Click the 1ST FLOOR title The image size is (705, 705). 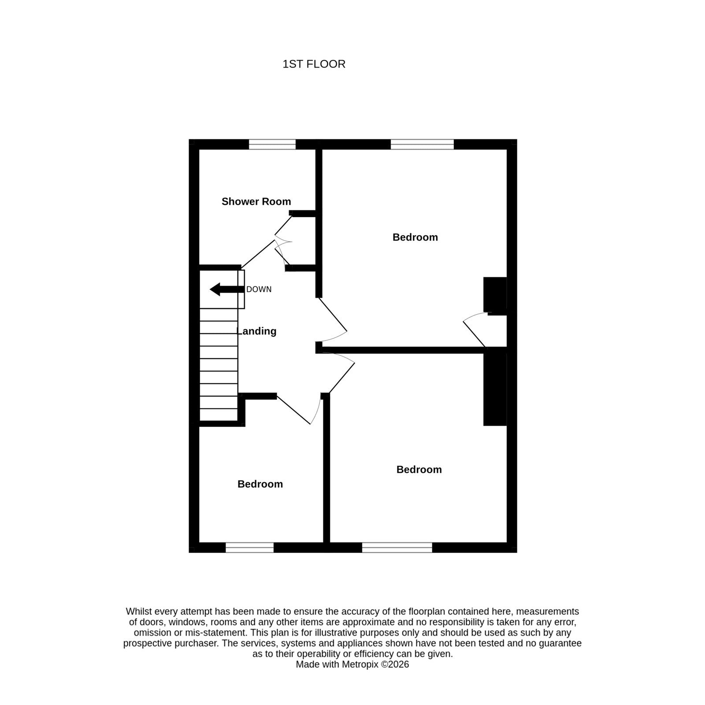pos(314,64)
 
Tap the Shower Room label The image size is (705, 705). pos(256,201)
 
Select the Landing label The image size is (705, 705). pos(257,331)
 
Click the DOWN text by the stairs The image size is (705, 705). pos(259,289)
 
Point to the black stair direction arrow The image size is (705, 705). pos(227,289)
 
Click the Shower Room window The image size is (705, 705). pos(272,144)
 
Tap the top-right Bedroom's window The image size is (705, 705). pos(422,144)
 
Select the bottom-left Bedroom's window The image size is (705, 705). pos(249,547)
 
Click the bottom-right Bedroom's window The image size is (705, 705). pos(397,547)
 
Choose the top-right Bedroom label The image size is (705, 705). pos(415,237)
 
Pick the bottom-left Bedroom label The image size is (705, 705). pos(260,484)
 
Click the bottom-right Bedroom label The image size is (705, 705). pos(419,469)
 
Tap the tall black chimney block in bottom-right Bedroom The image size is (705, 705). pos(495,386)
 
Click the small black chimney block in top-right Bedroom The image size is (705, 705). pos(495,295)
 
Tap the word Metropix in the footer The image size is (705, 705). pos(360,664)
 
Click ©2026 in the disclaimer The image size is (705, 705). pos(395,664)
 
